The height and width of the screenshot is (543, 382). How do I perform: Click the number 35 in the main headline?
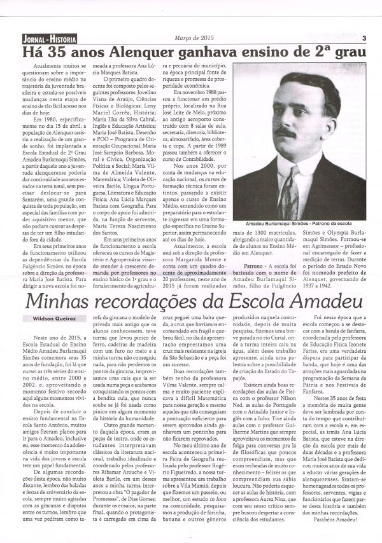click(x=55, y=51)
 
